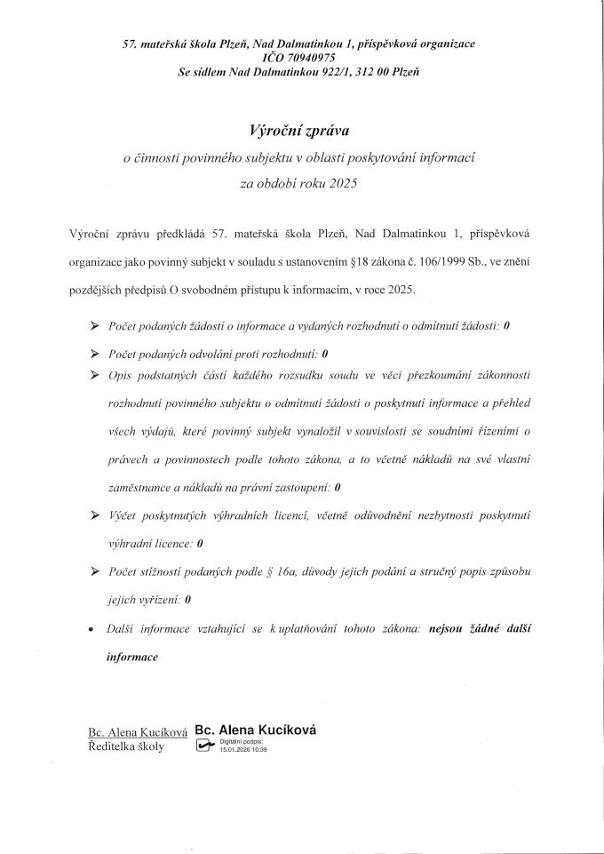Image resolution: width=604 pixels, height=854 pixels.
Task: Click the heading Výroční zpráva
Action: pos(303,129)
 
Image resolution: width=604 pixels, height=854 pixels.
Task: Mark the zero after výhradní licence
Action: pos(200,542)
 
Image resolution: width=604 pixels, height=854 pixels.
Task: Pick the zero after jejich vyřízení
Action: pos(188,600)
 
